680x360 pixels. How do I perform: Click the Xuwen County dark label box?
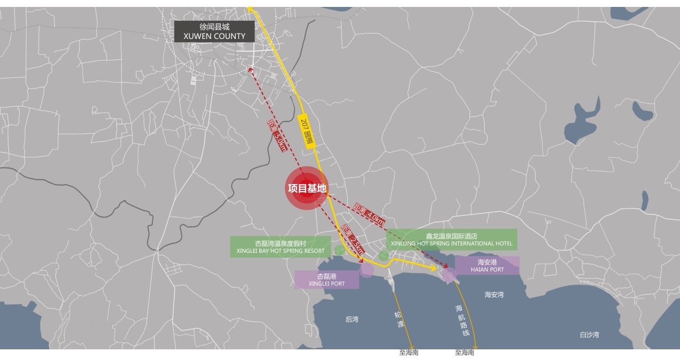click(x=214, y=31)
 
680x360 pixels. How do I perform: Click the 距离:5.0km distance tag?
click(x=277, y=135)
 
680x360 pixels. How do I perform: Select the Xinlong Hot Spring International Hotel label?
click(x=451, y=239)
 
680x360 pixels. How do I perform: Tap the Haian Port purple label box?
click(x=487, y=266)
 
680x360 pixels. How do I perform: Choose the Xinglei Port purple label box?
click(x=326, y=279)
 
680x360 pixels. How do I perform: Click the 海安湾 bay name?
click(x=494, y=294)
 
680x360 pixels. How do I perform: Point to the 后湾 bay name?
click(x=352, y=319)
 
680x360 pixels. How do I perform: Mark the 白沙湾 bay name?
click(x=589, y=335)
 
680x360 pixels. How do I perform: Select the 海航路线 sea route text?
click(x=462, y=320)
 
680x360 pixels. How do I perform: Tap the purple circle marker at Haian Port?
click(x=449, y=275)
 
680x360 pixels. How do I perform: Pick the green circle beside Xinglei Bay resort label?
click(x=339, y=250)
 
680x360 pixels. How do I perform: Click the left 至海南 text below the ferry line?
click(x=409, y=353)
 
